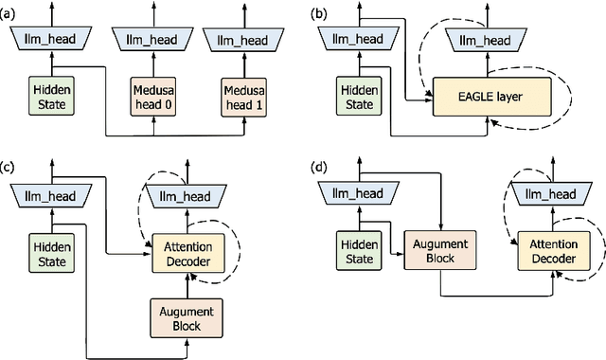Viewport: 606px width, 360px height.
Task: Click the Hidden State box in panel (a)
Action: click(45, 96)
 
